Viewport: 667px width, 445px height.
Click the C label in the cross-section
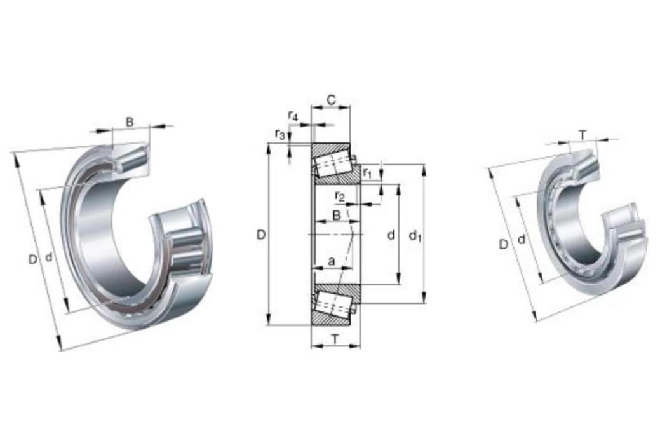(330, 100)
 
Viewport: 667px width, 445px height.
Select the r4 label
(293, 116)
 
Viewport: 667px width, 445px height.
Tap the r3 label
(280, 135)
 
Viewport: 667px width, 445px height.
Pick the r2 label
(339, 196)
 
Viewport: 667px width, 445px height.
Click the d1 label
(415, 235)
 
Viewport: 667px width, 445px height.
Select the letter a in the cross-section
(332, 261)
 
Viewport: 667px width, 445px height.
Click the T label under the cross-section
(335, 339)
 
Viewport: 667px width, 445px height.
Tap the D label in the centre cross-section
(260, 234)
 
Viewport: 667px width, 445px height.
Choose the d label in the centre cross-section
(391, 235)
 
